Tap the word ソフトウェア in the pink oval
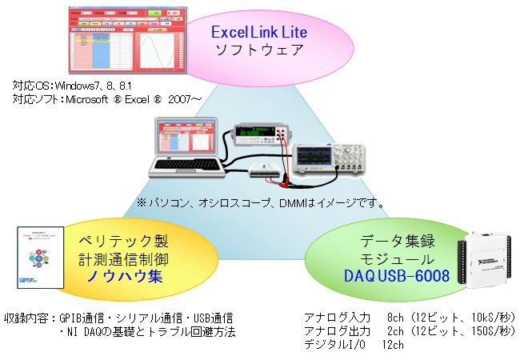click(x=258, y=50)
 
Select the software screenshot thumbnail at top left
click(x=126, y=39)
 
